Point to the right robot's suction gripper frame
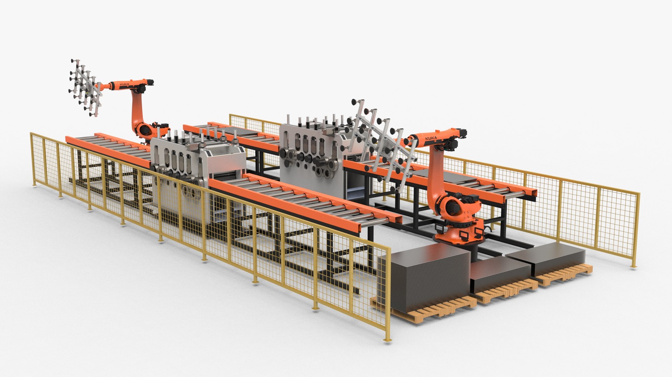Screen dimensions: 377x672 [381, 143]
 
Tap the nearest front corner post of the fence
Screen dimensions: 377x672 [388, 290]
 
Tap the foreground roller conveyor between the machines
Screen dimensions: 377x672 [304, 199]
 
